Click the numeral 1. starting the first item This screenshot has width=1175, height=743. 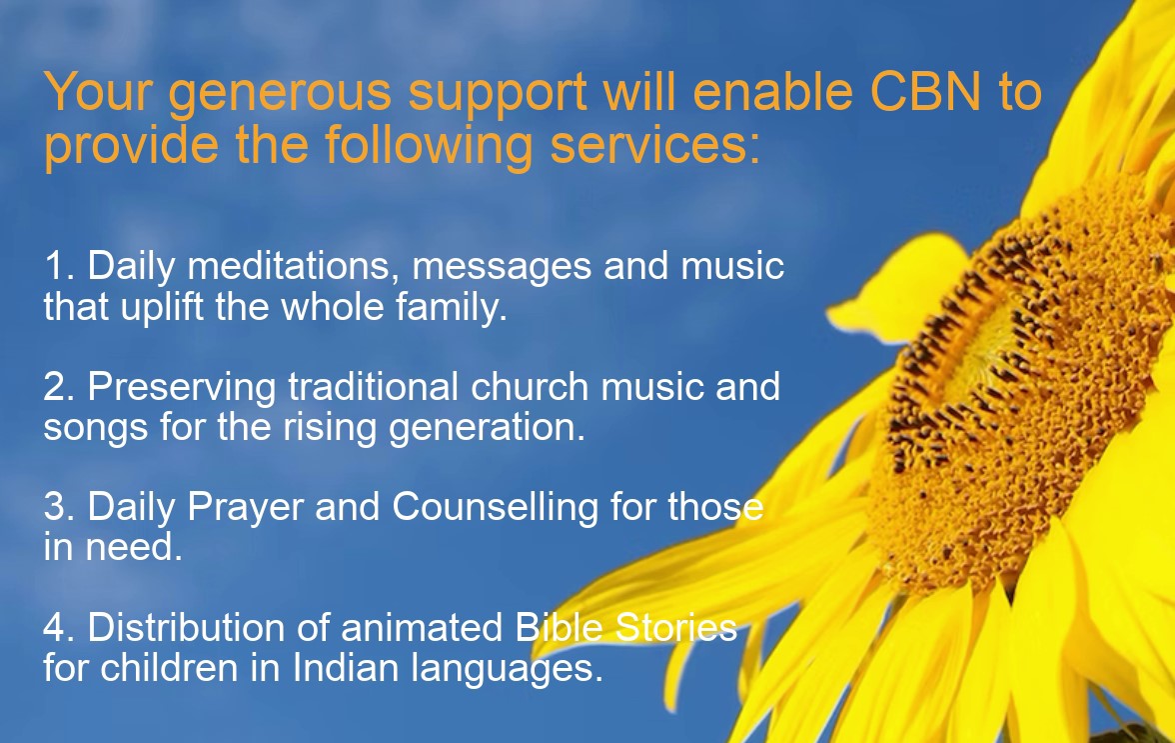[59, 267]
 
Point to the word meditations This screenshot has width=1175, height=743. [294, 267]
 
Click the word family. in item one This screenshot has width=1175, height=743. [454, 308]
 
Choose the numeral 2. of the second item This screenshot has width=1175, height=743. [60, 387]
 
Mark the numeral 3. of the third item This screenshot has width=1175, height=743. [60, 507]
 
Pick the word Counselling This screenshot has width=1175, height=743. [495, 507]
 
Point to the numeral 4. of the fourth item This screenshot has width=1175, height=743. [60, 627]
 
